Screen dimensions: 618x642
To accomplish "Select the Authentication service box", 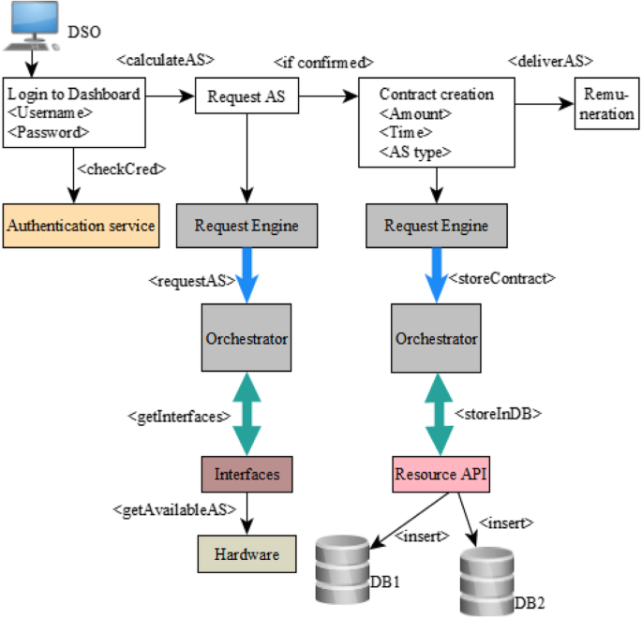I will click(x=81, y=226).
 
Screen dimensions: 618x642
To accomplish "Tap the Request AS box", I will click(x=246, y=96).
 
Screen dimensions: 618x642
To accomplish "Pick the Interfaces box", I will click(x=246, y=474).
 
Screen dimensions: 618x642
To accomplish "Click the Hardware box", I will click(x=246, y=554).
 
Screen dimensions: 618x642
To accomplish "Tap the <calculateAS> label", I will click(x=165, y=59).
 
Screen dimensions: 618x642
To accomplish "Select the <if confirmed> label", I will click(x=323, y=63).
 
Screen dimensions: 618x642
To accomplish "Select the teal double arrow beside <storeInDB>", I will click(x=437, y=413).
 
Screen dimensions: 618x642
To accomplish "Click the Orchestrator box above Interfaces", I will click(x=246, y=338).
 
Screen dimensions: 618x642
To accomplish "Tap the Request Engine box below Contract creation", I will click(x=436, y=226).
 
